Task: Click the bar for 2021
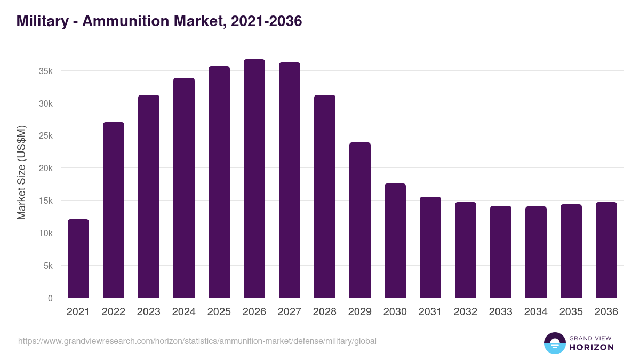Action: pos(78,259)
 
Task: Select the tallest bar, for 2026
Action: pos(254,179)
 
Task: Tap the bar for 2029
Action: pos(360,220)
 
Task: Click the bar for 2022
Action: pos(114,210)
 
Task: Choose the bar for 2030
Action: pos(395,241)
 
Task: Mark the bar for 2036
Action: pos(606,250)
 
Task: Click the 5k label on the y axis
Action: pos(48,266)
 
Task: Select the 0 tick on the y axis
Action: pos(50,298)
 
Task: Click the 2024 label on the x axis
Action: pos(184,312)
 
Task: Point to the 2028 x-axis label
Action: pos(325,312)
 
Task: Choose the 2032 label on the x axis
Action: pos(466,312)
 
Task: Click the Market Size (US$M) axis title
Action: pos(21,172)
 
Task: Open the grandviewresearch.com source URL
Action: pos(197,341)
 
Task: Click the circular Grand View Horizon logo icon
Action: pos(555,343)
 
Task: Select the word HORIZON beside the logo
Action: pos(591,347)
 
